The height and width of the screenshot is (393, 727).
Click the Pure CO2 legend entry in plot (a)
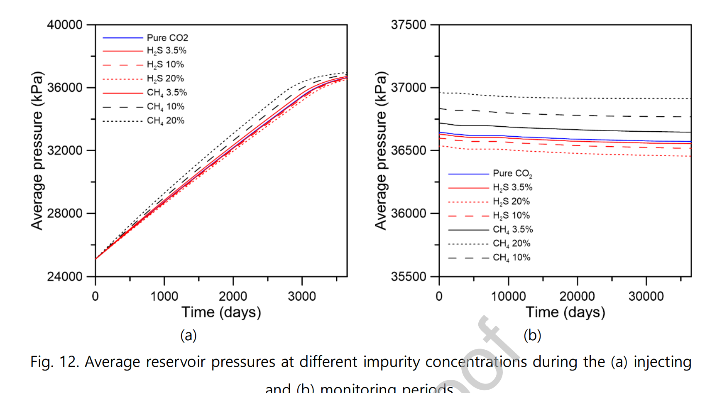[x=167, y=38]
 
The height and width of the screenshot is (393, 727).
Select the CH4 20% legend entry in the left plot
[x=165, y=120]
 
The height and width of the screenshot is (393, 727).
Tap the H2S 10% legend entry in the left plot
[x=165, y=64]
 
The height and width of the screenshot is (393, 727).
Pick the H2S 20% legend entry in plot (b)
[x=511, y=201]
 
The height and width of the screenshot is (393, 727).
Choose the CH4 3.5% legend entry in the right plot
[x=513, y=229]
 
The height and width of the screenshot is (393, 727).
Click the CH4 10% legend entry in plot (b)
[x=512, y=258]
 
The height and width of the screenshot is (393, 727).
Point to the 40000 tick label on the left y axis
[x=65, y=25]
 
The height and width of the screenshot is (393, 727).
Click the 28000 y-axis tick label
[x=65, y=213]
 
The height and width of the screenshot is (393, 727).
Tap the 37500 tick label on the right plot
[x=409, y=25]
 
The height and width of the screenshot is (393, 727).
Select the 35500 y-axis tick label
[x=409, y=276]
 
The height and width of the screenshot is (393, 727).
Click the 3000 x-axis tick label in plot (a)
[x=302, y=296]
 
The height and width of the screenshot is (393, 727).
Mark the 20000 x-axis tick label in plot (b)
[x=577, y=296]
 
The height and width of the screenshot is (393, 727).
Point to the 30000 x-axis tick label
[x=646, y=296]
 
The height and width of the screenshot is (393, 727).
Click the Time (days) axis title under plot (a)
[x=221, y=312]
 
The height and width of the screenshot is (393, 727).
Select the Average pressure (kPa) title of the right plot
[x=380, y=150]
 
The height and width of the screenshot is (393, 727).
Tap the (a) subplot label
[x=188, y=335]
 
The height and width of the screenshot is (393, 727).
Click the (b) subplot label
[x=532, y=335]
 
